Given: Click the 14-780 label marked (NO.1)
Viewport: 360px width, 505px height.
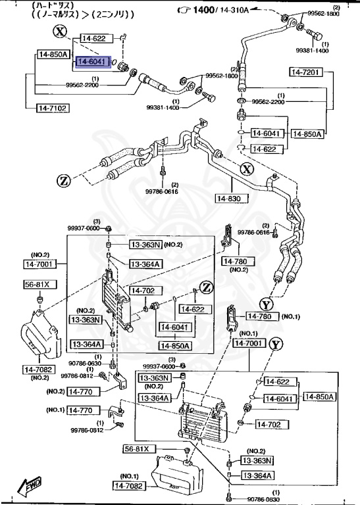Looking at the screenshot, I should [262, 317].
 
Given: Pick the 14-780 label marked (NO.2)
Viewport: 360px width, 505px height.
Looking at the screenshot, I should [234, 261].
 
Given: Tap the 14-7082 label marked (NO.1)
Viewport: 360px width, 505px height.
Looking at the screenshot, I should [130, 485].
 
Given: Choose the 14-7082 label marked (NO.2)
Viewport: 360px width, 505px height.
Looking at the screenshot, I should [40, 370].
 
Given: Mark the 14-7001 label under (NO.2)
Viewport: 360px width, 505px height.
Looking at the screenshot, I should [40, 264].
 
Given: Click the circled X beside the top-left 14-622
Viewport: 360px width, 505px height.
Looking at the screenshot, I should [61, 32].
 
